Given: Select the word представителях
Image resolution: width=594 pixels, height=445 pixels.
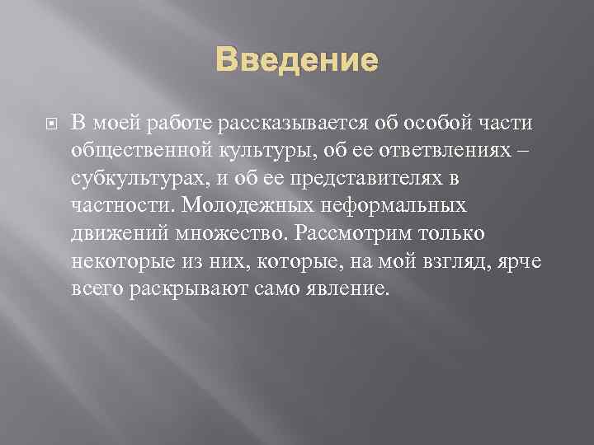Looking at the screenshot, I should pyautogui.click(x=365, y=179).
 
